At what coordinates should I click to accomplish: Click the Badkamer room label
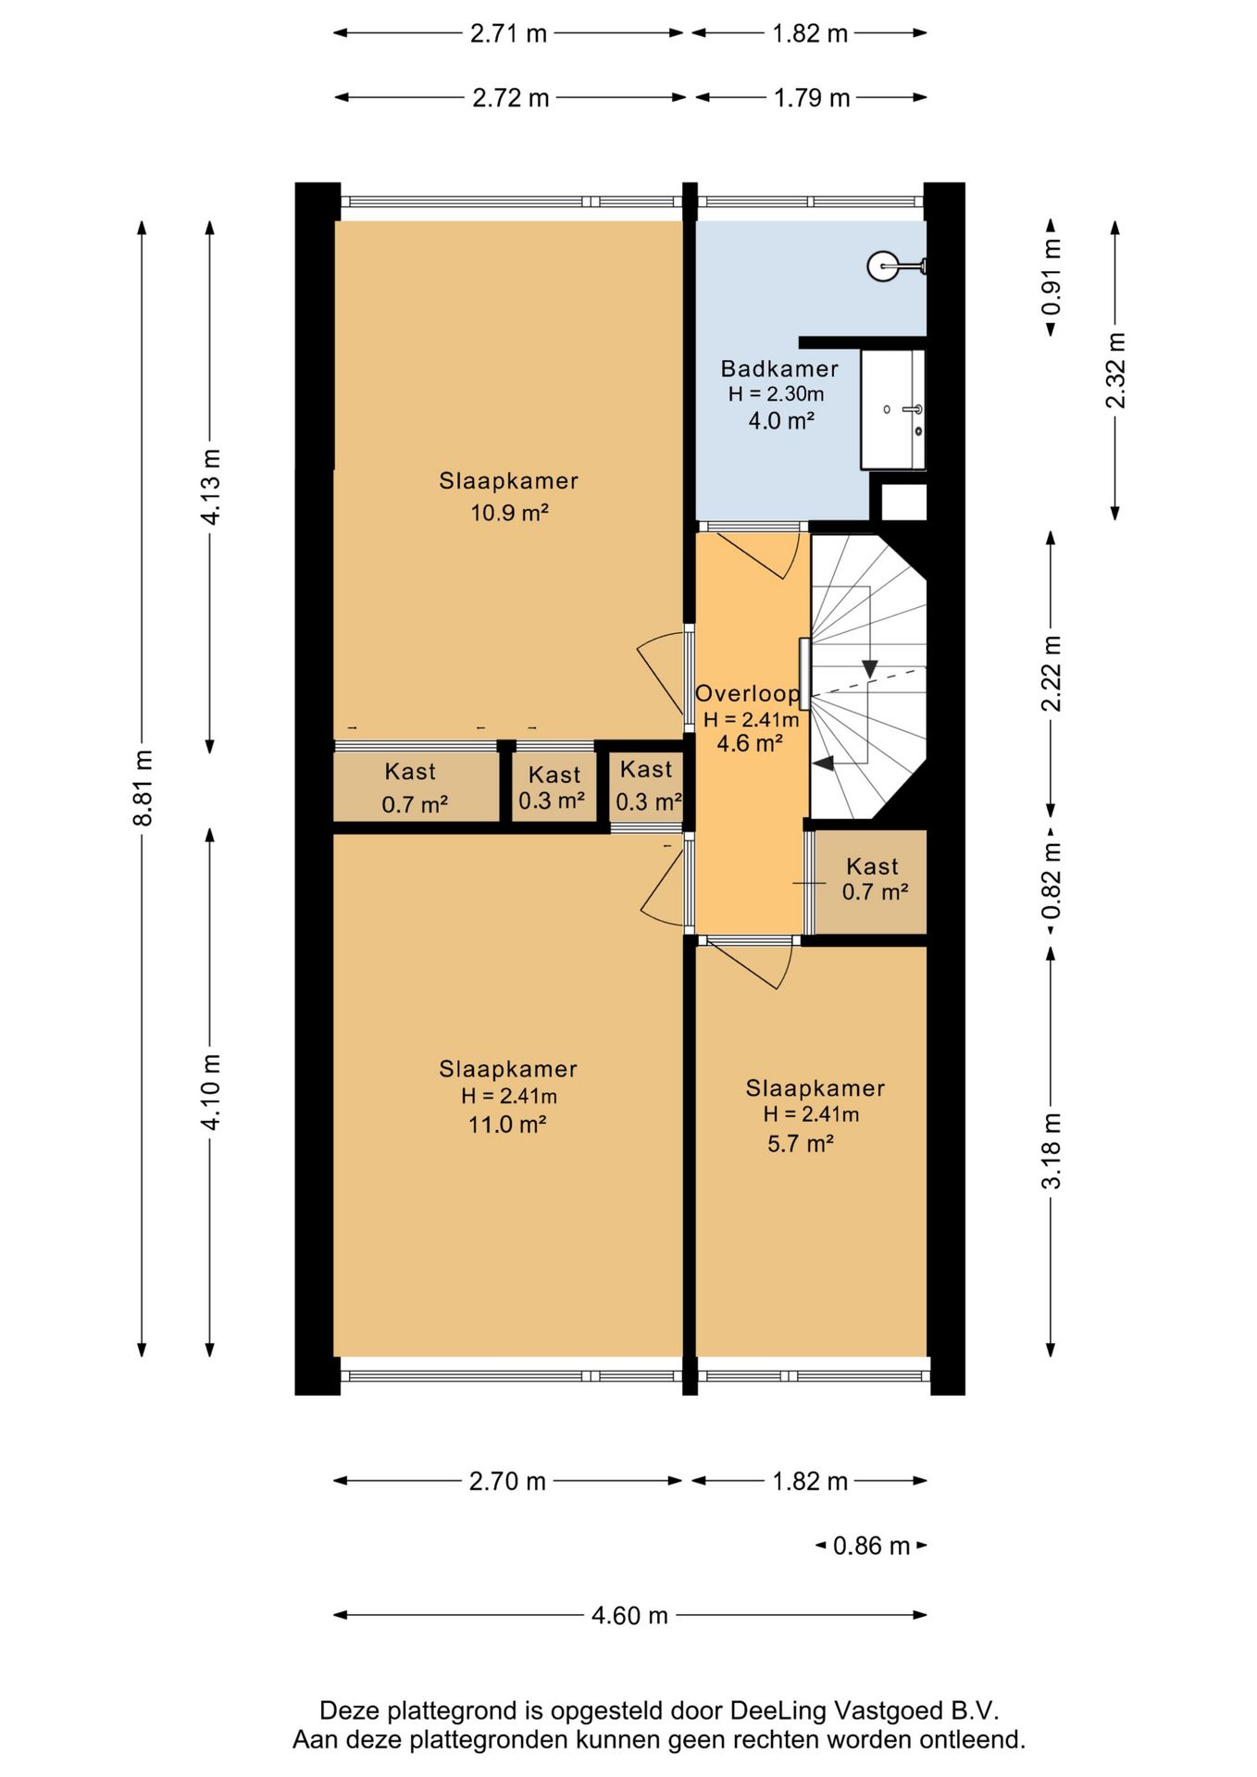point(779,368)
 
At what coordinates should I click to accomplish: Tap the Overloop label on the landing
point(747,693)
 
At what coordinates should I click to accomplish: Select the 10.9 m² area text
point(509,512)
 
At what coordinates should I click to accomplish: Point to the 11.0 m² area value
point(506,1125)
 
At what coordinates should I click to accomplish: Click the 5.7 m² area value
point(801,1144)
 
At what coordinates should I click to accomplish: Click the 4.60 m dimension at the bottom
point(629,1615)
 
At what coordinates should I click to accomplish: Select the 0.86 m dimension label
point(871,1546)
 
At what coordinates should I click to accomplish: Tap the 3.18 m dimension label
point(1052,1150)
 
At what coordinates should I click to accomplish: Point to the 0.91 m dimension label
point(1052,276)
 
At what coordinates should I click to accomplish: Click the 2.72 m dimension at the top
point(511,97)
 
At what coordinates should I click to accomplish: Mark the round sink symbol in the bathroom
point(883,267)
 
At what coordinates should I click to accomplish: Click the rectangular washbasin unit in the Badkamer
point(893,409)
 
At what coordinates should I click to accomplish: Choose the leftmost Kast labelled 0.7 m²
point(416,787)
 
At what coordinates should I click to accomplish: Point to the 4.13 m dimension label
point(211,486)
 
